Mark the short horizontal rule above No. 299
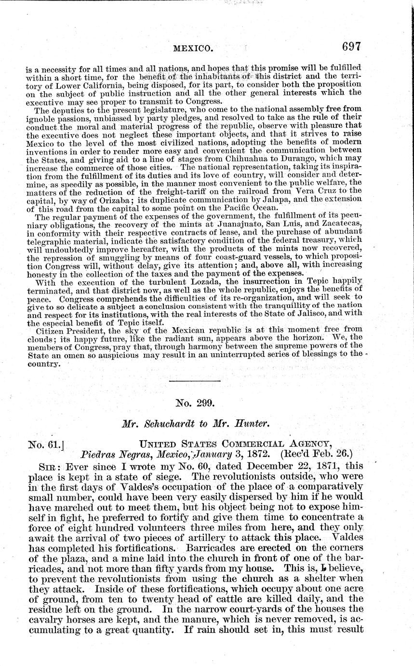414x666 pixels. tap(195, 382)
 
